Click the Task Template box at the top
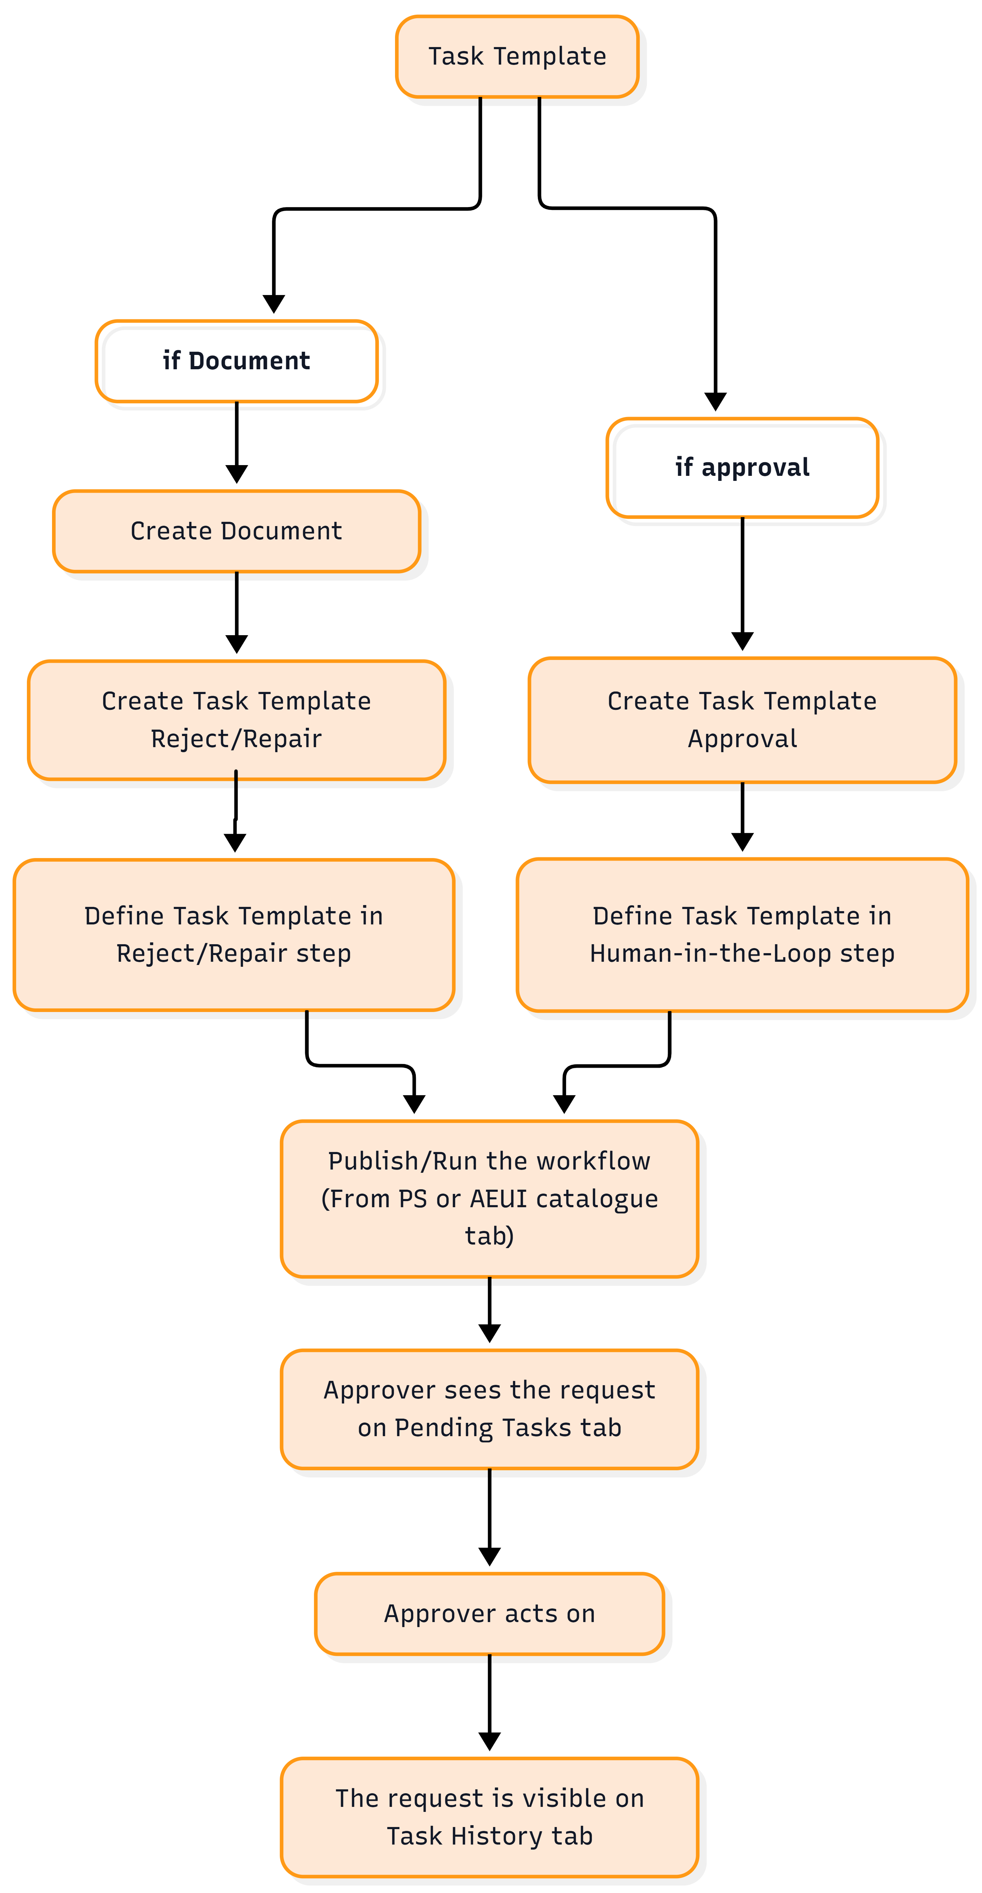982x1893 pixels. point(517,57)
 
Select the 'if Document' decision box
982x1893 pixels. point(236,361)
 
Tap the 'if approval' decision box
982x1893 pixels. point(743,467)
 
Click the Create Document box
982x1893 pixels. point(236,530)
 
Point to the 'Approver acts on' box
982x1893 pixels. point(489,1614)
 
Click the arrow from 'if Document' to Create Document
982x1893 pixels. point(236,442)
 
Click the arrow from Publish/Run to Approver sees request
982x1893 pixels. point(489,1309)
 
